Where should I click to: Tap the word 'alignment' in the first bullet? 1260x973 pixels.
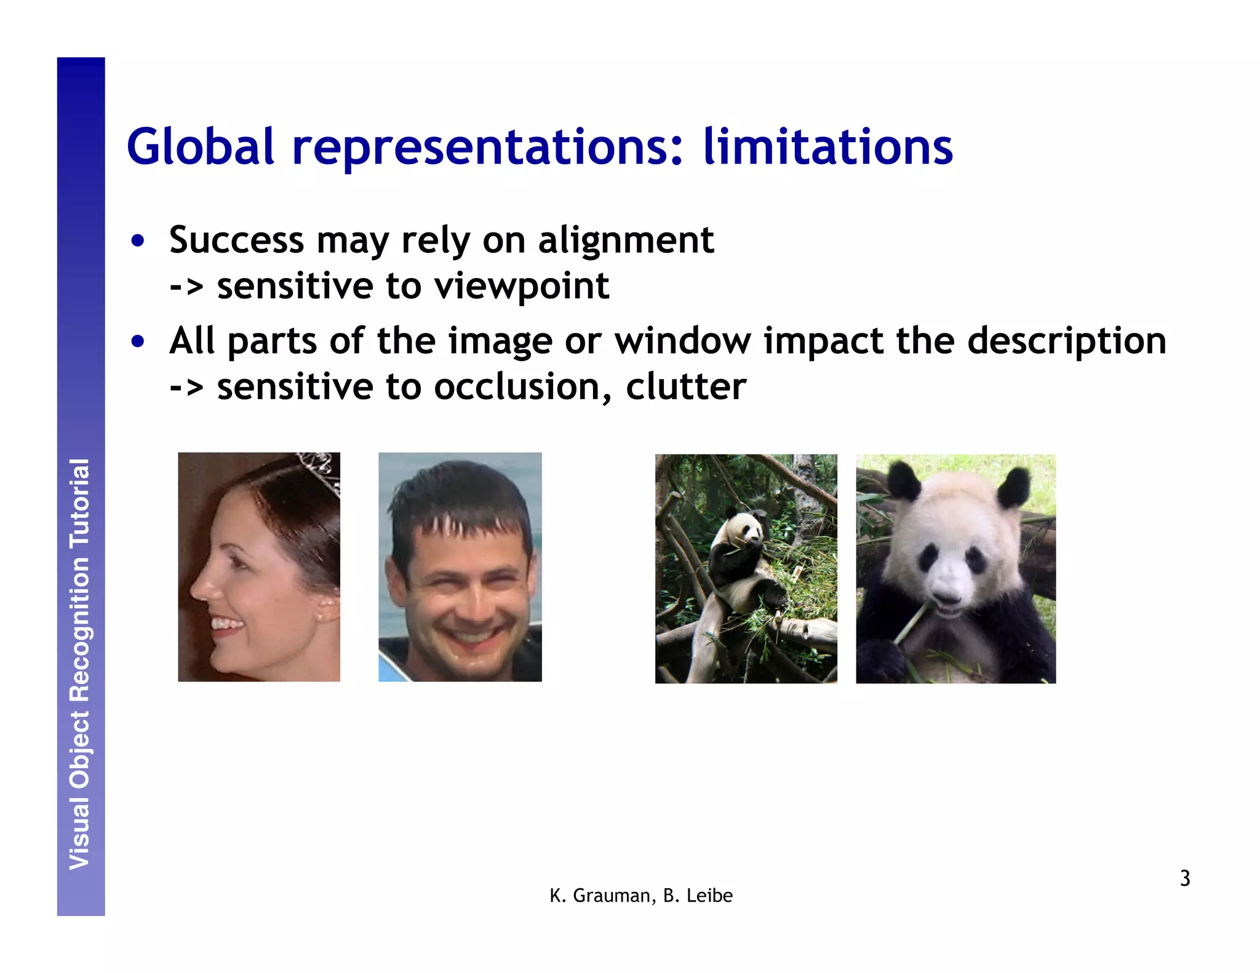point(626,240)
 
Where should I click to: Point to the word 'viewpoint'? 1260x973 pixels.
point(521,287)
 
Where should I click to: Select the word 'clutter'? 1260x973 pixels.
point(686,387)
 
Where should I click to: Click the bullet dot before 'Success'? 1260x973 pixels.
point(138,240)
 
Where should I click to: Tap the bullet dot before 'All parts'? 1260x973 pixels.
point(138,341)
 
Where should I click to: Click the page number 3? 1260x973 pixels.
point(1185,878)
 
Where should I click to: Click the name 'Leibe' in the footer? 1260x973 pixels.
point(709,896)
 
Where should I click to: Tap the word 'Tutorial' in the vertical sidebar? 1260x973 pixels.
point(80,503)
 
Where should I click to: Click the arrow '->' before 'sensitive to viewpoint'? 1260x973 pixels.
point(186,287)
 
